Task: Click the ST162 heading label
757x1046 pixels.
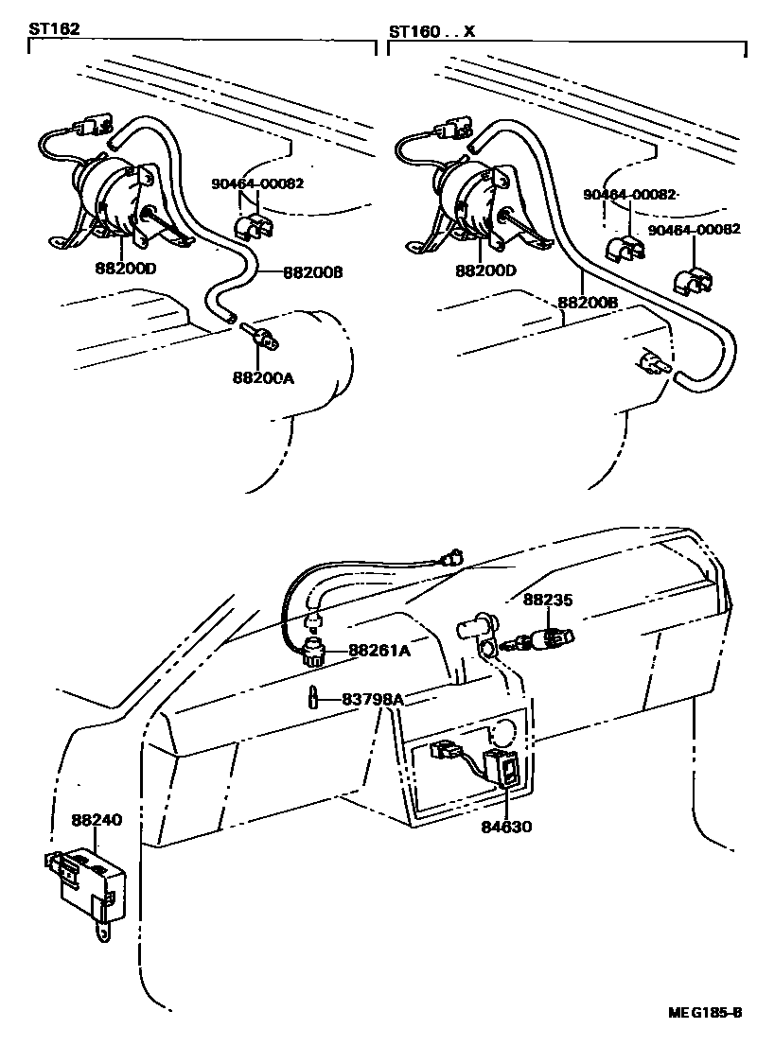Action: pyautogui.click(x=54, y=30)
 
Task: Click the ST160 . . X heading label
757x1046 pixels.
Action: pyautogui.click(x=431, y=30)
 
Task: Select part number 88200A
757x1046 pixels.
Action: pyautogui.click(x=264, y=378)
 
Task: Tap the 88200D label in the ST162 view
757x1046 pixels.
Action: pyautogui.click(x=126, y=269)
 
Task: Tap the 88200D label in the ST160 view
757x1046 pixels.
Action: pyautogui.click(x=486, y=270)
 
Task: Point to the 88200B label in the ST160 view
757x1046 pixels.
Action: pyautogui.click(x=588, y=303)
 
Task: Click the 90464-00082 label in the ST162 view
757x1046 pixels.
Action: pyautogui.click(x=257, y=185)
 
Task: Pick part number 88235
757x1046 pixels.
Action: pyautogui.click(x=550, y=600)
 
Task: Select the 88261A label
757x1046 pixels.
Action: pyautogui.click(x=378, y=651)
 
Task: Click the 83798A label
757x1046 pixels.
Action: pyautogui.click(x=373, y=700)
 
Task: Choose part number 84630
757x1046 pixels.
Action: pyautogui.click(x=505, y=827)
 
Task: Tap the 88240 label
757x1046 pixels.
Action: pyautogui.click(x=97, y=821)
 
